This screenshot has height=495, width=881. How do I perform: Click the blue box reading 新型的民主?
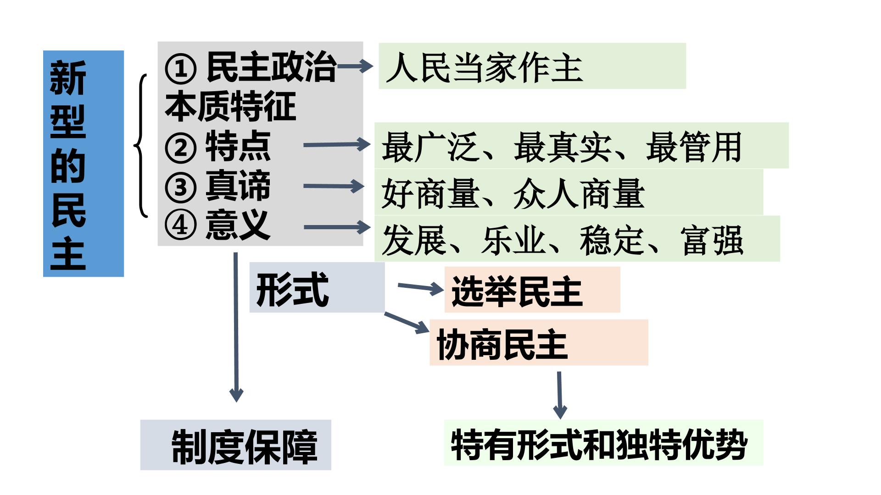click(84, 164)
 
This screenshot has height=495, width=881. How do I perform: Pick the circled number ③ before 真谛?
click(180, 187)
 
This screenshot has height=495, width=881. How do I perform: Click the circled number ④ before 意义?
click(180, 225)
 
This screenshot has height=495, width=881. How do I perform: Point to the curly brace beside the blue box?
click(140, 145)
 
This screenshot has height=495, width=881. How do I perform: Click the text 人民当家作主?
click(485, 68)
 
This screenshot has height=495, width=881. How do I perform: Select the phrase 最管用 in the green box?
click(694, 147)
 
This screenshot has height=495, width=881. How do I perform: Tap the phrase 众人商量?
click(579, 194)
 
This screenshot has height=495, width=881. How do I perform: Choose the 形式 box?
click(317, 287)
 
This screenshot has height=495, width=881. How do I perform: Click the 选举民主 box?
click(532, 290)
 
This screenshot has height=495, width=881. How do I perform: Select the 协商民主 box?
click(539, 342)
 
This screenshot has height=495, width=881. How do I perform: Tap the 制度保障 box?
click(236, 445)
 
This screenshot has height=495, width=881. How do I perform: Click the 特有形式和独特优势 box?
click(603, 443)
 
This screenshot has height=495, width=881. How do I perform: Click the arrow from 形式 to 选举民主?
click(421, 288)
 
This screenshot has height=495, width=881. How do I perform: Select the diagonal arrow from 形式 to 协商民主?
click(407, 323)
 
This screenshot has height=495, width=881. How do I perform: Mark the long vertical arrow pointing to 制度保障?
click(236, 327)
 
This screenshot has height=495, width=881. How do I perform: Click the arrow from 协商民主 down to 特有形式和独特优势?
click(560, 395)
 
